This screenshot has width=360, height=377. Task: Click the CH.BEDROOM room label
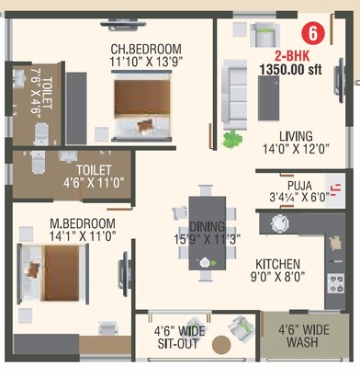point(146,49)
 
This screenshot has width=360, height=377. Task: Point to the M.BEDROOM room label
point(82,223)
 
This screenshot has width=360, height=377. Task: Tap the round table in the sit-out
point(220,345)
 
